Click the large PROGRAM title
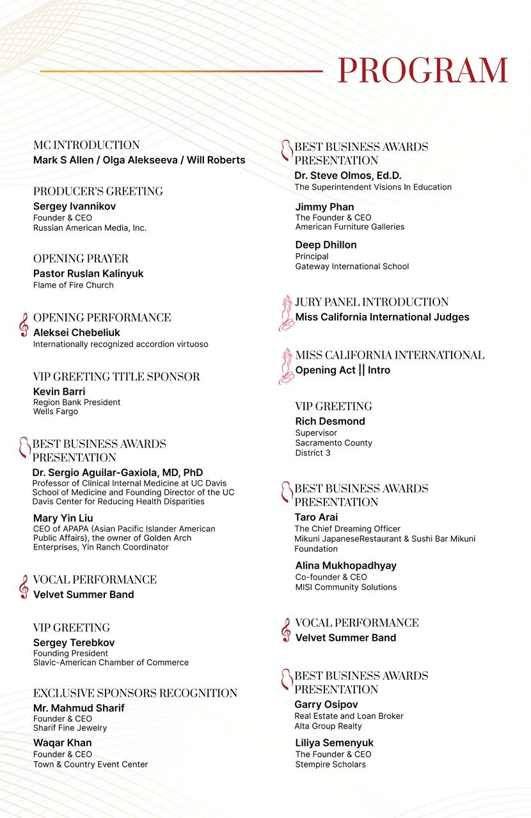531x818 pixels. (x=422, y=70)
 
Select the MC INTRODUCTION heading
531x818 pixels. (x=86, y=145)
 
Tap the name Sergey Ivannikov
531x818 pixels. (x=74, y=206)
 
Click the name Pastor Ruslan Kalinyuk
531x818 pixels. (x=88, y=274)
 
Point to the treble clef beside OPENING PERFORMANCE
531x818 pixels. (x=24, y=325)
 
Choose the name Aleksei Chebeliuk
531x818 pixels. (x=77, y=332)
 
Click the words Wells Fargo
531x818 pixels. (x=56, y=412)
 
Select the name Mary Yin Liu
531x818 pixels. (x=63, y=518)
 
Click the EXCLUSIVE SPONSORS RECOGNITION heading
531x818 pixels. (x=135, y=693)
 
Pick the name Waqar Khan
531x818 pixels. (x=62, y=743)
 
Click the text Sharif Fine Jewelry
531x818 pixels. (x=70, y=728)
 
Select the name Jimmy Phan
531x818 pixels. (x=324, y=207)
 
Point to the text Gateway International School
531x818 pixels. (x=352, y=266)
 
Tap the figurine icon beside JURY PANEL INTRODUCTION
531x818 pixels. (x=285, y=313)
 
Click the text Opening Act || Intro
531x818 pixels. (x=342, y=370)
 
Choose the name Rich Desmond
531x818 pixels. (x=330, y=421)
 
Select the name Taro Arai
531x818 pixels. (x=316, y=517)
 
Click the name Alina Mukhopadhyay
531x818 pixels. (x=346, y=566)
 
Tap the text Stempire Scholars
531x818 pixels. (x=331, y=764)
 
